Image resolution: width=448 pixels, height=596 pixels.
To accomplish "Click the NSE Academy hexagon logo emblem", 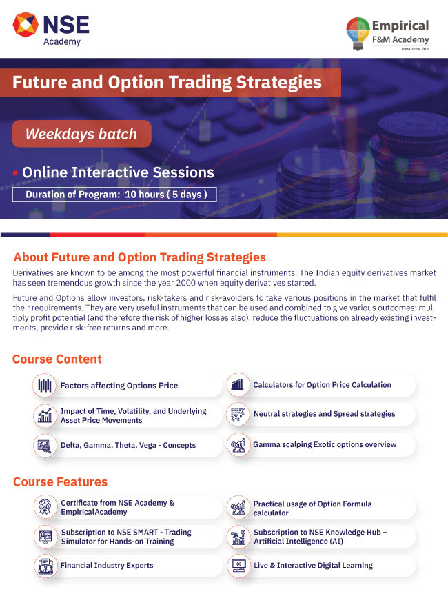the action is [26, 25].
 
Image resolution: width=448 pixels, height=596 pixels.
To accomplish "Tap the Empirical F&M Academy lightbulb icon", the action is [358, 33].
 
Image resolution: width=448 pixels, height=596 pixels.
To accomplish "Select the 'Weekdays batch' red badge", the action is [81, 134].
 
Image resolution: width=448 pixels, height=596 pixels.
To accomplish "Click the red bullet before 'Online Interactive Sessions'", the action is [15, 173].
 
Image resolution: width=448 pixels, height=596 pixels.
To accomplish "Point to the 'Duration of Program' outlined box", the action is [114, 195].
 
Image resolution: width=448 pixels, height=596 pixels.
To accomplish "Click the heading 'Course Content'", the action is [57, 359].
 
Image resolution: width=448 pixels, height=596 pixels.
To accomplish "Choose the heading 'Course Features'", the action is [61, 482].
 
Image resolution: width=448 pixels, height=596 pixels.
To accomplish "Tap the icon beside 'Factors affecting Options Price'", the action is [44, 386].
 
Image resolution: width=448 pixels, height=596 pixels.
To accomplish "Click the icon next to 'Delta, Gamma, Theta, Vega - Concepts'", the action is [44, 446].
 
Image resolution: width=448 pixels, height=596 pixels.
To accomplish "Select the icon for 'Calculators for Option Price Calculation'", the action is [238, 384].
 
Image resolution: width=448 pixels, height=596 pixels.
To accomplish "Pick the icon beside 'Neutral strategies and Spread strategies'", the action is [238, 414].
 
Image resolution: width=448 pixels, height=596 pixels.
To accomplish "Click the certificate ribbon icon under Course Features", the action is [45, 507].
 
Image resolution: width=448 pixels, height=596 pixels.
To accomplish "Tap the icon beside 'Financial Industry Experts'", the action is [45, 566].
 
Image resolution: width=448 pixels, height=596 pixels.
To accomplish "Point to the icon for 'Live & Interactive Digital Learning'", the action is [238, 566].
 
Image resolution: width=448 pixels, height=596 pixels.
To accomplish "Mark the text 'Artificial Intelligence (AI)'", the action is [298, 542].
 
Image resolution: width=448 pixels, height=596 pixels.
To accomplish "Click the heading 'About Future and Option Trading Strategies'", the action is [140, 257].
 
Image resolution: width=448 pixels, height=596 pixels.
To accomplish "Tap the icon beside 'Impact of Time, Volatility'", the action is [44, 415].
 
